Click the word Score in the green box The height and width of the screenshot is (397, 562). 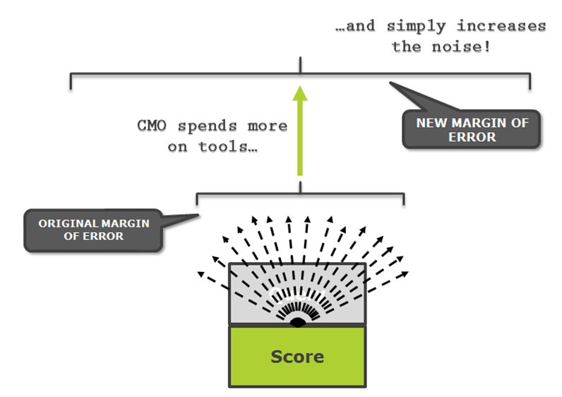(x=297, y=357)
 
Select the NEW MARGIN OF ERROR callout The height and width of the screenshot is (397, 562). (x=471, y=129)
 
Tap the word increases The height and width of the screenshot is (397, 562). (x=502, y=27)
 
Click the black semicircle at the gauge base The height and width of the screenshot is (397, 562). (x=297, y=322)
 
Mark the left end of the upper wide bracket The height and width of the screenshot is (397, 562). (x=70, y=81)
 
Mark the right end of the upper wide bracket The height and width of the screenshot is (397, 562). (x=530, y=81)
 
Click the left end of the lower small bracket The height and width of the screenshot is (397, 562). (x=197, y=198)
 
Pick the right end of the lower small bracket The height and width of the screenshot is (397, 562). (x=403, y=198)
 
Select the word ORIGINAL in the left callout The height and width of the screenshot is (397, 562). (x=69, y=223)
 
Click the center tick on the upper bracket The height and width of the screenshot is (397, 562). (x=301, y=68)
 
